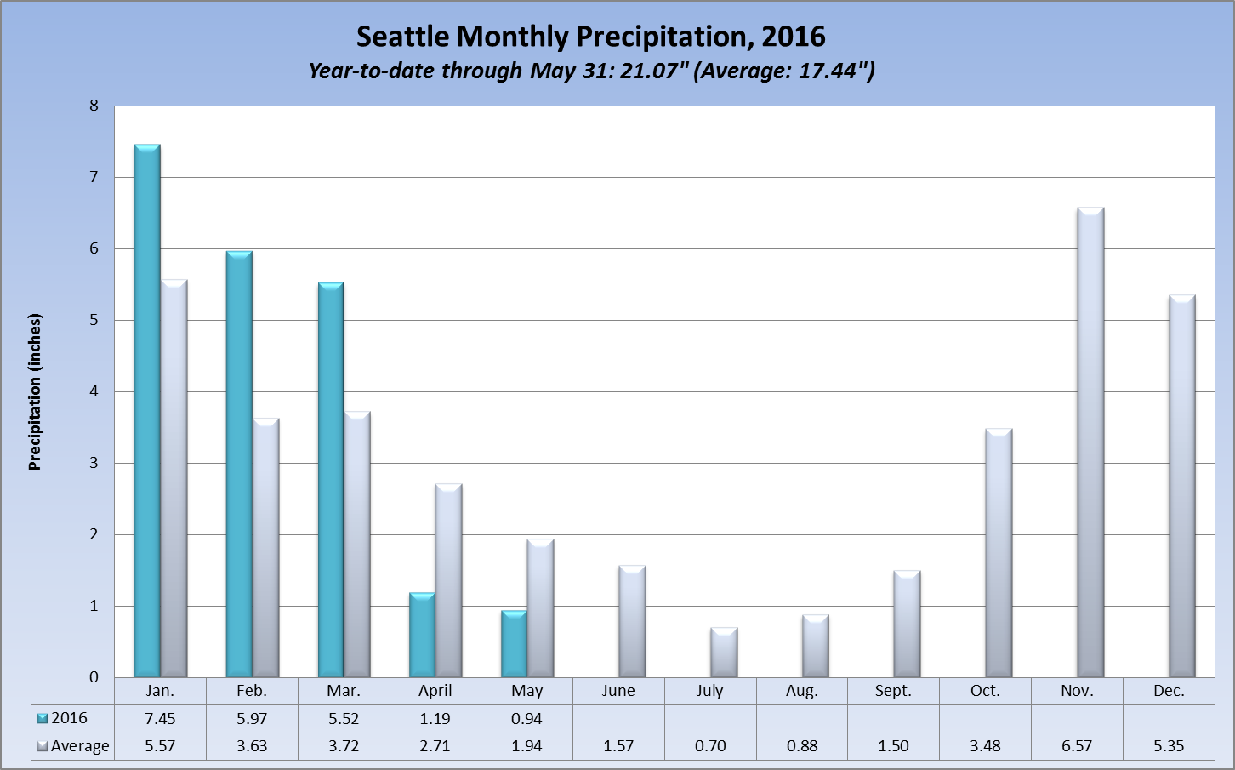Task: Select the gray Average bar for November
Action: click(x=1090, y=442)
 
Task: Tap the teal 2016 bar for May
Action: click(x=514, y=644)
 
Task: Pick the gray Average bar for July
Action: click(x=724, y=653)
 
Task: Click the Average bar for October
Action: click(x=999, y=553)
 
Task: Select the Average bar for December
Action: click(x=1182, y=486)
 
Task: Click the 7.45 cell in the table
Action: click(x=160, y=719)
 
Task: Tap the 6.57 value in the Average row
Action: click(x=1077, y=746)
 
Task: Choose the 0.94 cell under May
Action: click(x=526, y=719)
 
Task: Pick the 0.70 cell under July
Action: click(x=710, y=746)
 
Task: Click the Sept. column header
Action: click(x=893, y=691)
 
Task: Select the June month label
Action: click(x=618, y=691)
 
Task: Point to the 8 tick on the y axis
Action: click(x=94, y=106)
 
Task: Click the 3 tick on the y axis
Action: click(x=94, y=464)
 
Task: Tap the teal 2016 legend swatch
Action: click(x=43, y=719)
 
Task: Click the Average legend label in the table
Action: click(x=80, y=746)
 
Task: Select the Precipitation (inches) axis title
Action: click(x=35, y=392)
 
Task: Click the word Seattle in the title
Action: click(x=401, y=37)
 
